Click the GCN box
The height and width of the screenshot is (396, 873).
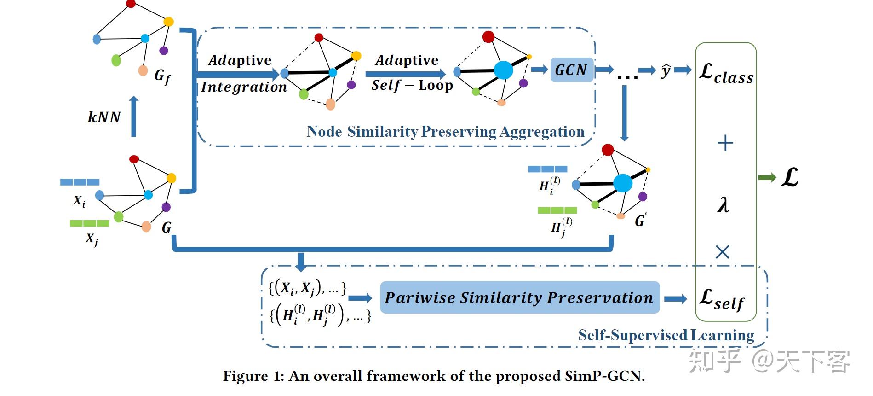click(571, 70)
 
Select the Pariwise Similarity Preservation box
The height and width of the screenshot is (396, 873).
click(519, 297)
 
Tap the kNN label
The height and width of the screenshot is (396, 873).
click(104, 117)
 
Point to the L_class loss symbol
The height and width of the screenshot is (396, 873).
click(725, 74)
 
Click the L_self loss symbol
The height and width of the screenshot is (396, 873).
click(721, 299)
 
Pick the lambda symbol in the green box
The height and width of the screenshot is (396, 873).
click(723, 204)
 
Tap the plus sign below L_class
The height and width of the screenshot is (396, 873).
click(725, 143)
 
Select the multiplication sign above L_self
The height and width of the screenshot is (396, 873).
click(723, 252)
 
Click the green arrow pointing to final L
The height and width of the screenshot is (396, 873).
click(767, 178)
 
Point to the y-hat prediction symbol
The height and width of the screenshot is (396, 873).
click(665, 71)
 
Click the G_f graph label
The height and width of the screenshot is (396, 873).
click(162, 76)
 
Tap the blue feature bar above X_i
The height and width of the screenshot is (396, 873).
click(80, 182)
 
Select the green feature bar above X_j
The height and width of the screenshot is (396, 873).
click(89, 223)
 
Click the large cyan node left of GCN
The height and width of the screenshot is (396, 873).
click(503, 70)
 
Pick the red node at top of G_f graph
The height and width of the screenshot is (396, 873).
click(131, 4)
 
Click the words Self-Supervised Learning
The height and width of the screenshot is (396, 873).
click(666, 335)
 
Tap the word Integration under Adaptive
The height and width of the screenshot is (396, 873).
click(244, 87)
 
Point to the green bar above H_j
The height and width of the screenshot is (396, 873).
click(557, 210)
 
